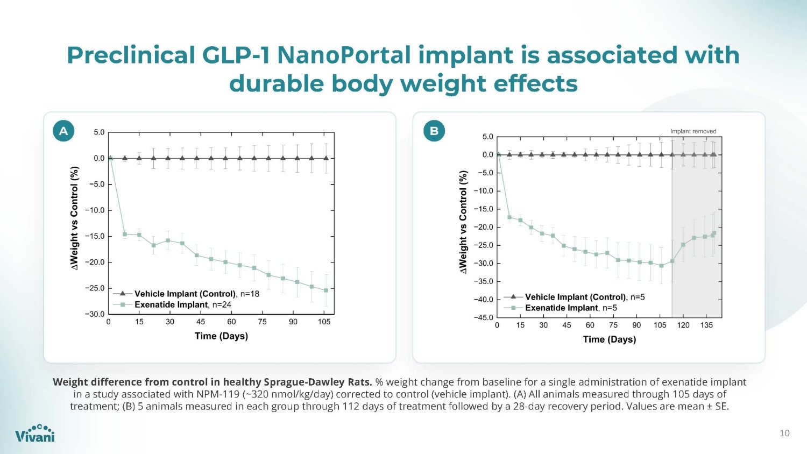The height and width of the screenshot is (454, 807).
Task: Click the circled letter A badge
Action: coord(63,130)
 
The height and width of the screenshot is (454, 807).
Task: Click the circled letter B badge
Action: coord(434,130)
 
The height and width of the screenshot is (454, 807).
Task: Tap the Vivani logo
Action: coord(35,433)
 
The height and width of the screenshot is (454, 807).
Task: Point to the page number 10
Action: coord(784,433)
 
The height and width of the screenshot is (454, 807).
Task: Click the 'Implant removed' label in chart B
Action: coord(693,131)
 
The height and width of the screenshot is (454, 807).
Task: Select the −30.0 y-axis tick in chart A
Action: coord(95,314)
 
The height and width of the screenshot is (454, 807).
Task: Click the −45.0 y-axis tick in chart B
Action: coord(483,318)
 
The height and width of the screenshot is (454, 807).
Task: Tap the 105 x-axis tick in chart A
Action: coord(324,322)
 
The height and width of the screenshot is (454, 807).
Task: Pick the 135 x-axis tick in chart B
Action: coord(706,325)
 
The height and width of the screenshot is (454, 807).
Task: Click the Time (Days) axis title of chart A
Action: coord(221,336)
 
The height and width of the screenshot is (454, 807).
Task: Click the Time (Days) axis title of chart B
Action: coord(610,339)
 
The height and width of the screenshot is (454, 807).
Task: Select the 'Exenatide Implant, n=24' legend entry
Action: coord(172,305)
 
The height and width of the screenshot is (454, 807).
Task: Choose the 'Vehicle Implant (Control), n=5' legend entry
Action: coord(574,297)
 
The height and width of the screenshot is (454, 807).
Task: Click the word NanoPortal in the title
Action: coord(344,55)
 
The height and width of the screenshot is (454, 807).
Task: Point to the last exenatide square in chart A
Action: coord(326,290)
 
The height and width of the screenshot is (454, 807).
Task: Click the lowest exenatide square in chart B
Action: coord(661,266)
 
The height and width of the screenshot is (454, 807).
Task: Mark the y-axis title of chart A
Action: coord(74,218)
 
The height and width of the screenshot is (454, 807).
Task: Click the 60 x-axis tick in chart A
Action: coord(231,322)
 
